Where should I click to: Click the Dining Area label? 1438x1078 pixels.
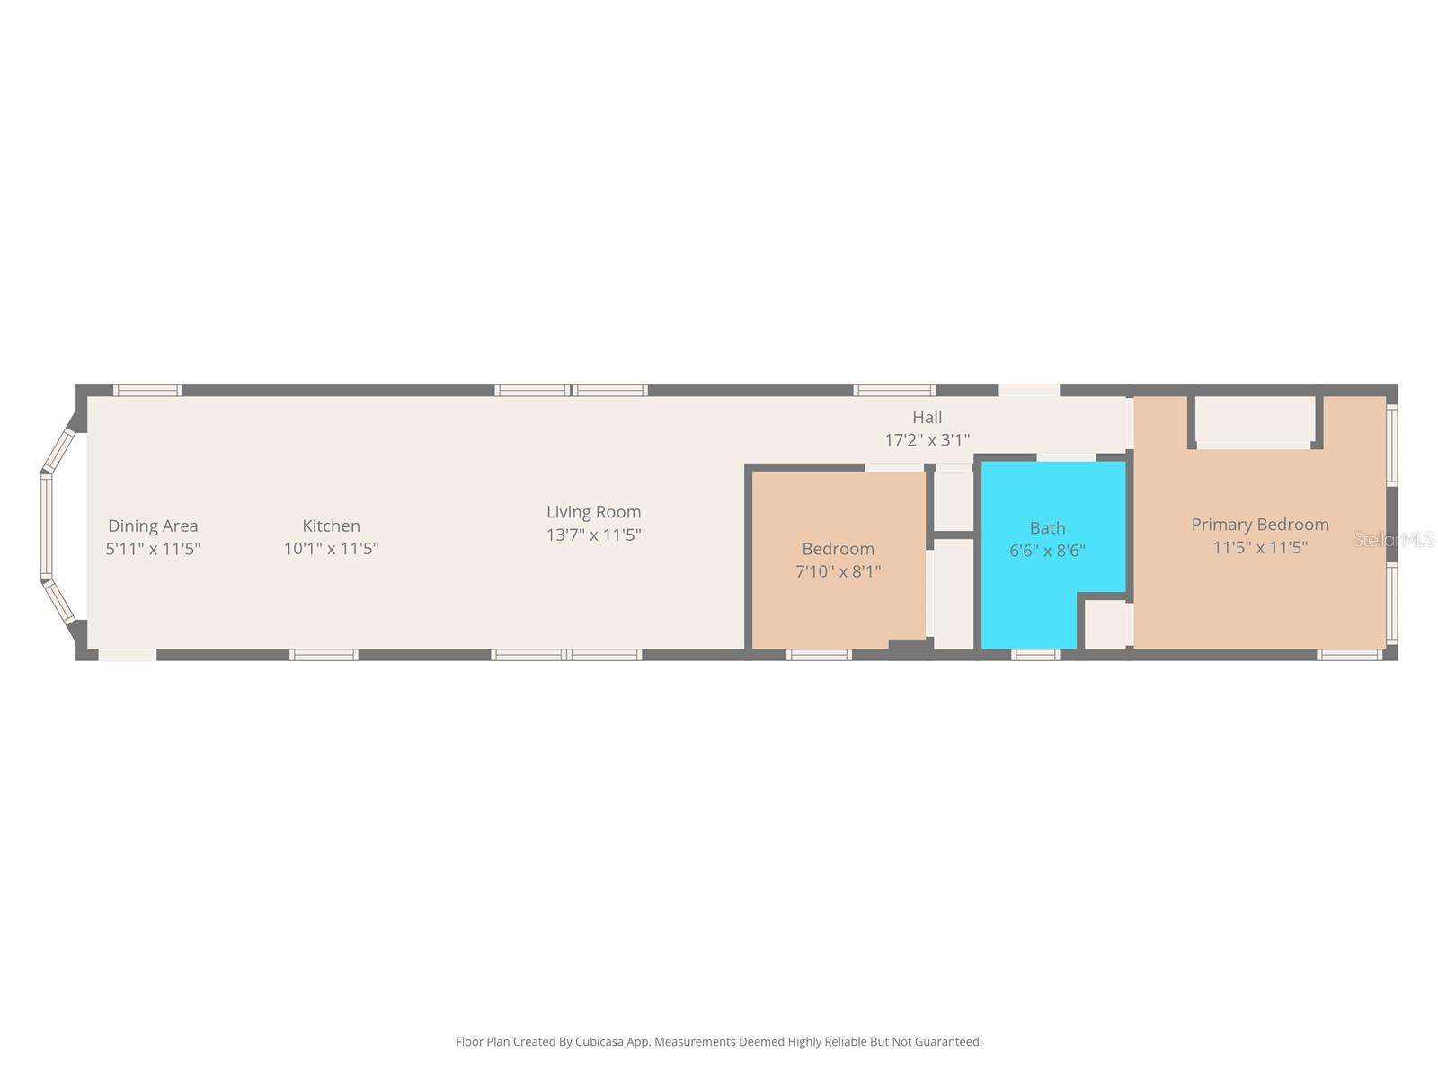click(153, 526)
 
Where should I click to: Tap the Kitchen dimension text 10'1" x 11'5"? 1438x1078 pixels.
click(331, 548)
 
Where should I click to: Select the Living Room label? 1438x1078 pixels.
click(593, 511)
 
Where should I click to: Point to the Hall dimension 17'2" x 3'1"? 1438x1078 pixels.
click(927, 440)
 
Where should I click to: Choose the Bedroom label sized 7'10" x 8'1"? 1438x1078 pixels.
click(838, 549)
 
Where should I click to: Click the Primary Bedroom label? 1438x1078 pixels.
click(1259, 525)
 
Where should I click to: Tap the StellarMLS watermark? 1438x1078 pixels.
click(1393, 540)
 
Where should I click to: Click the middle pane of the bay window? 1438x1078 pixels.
click(46, 526)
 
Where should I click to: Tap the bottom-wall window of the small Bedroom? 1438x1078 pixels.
click(818, 655)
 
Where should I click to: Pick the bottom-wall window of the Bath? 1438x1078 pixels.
click(1034, 655)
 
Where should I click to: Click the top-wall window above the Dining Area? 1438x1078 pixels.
click(147, 390)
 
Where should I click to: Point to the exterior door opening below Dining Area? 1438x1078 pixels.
click(127, 655)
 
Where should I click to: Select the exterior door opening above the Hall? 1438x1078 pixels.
click(1028, 390)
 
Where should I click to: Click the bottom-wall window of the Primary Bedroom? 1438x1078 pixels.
click(1349, 655)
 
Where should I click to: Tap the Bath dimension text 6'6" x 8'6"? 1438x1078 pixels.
click(1047, 551)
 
